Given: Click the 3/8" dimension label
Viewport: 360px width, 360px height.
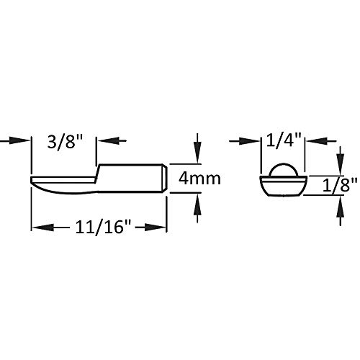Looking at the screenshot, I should (x=64, y=140).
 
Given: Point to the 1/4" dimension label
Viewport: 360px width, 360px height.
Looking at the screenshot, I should (x=283, y=140).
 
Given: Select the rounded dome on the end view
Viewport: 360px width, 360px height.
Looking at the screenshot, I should (x=283, y=170).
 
